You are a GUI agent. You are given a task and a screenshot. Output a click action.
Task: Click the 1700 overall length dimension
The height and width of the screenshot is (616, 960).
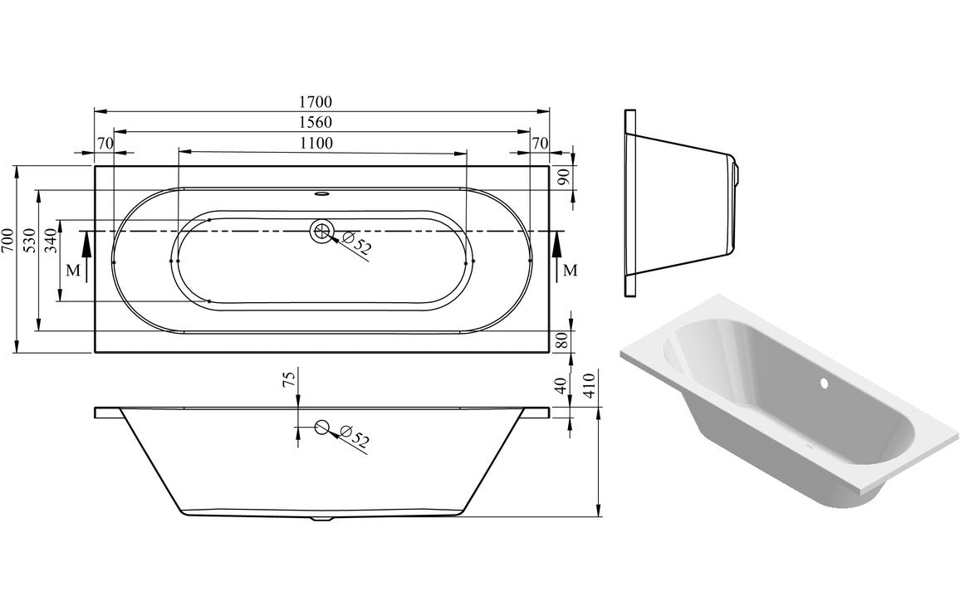pos(316,102)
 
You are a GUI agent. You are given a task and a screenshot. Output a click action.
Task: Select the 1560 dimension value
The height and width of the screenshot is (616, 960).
pos(316,122)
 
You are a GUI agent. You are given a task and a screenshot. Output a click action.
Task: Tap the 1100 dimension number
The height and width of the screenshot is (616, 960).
pos(316,143)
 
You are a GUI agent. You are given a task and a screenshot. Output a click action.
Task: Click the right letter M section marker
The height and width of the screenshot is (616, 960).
pos(569,270)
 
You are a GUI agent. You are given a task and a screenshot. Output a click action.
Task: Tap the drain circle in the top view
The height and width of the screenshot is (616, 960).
pos(321,232)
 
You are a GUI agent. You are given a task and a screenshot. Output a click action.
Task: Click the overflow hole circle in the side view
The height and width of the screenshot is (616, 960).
pos(321,428)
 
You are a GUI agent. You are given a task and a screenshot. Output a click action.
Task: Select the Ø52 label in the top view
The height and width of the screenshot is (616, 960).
pos(358,246)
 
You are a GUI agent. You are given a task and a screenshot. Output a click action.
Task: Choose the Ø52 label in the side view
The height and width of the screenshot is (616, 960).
pos(355,438)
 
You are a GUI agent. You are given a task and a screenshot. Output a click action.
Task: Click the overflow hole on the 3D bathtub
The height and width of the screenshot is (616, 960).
pos(825,384)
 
